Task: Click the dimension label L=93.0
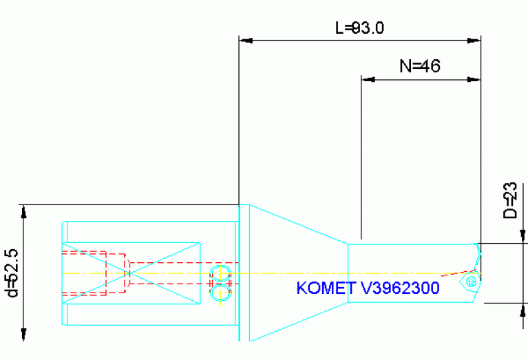coord(359,28)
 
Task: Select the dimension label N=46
coord(419,66)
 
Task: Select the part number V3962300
coord(400,288)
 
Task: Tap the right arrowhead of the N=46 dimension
coord(474,80)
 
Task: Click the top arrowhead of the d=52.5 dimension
coord(25,209)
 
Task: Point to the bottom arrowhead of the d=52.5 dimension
coord(25,336)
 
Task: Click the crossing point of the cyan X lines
coord(131,273)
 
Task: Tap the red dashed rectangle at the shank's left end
coord(83,273)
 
